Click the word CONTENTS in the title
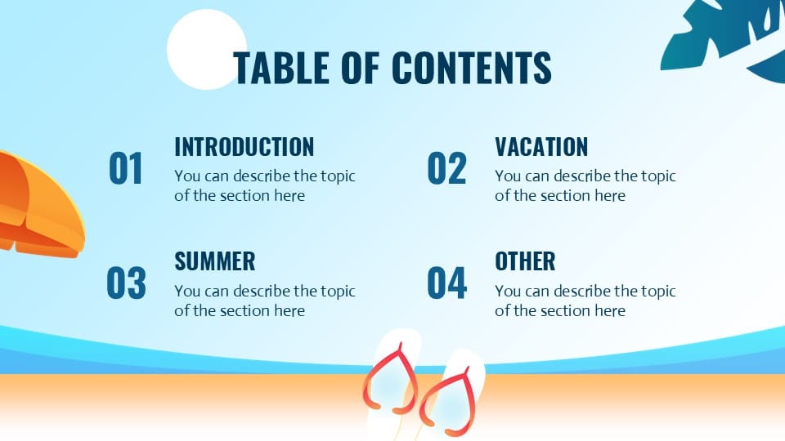click(x=472, y=68)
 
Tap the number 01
click(x=126, y=169)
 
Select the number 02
click(x=446, y=169)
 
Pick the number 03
click(x=126, y=283)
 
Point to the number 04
click(x=446, y=283)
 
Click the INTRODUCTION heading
click(x=244, y=147)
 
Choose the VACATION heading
click(x=541, y=147)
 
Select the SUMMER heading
click(x=214, y=261)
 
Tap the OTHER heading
click(x=525, y=261)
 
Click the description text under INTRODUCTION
click(x=264, y=185)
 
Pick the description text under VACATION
click(x=585, y=185)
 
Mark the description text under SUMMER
click(x=264, y=300)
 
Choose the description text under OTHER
click(x=585, y=300)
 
